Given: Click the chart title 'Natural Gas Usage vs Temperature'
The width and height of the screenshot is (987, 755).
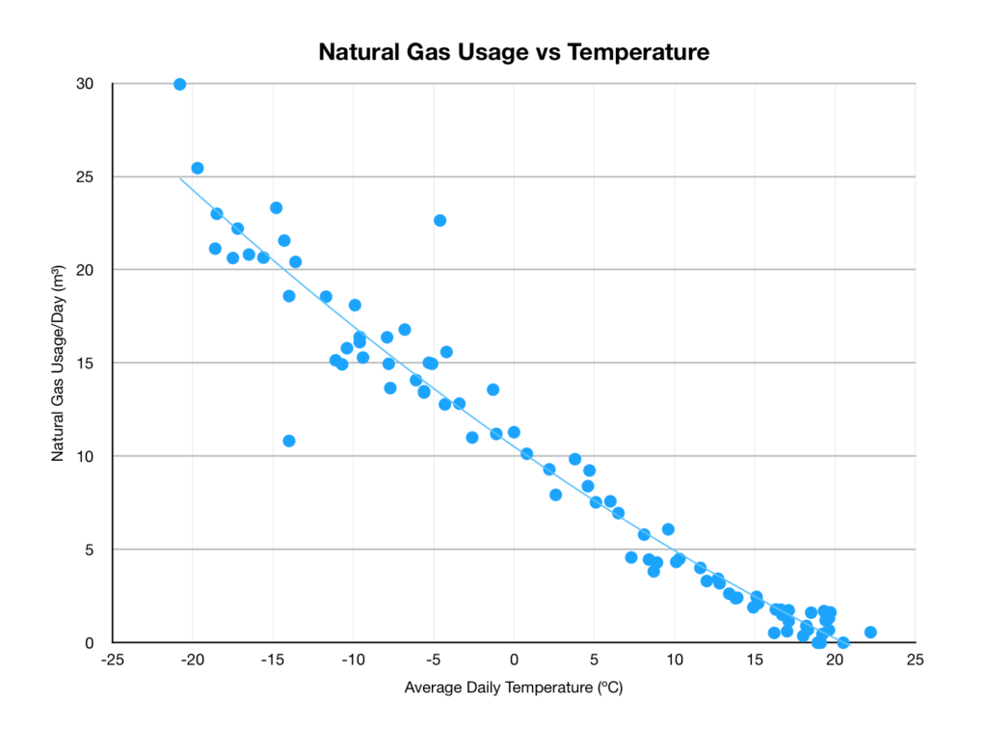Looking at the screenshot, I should click(x=514, y=52).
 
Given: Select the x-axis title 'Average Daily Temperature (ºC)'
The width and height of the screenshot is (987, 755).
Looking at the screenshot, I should click(x=514, y=688).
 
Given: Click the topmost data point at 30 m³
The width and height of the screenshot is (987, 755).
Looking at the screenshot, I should click(x=179, y=84).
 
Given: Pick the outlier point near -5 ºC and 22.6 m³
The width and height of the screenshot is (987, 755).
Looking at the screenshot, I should click(x=440, y=220).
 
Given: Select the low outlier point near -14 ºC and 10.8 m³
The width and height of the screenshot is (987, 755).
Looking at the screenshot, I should click(x=289, y=441).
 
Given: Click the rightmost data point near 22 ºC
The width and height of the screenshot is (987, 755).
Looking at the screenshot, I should click(x=870, y=632).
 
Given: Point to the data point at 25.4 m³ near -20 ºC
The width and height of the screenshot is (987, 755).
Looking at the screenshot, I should click(x=198, y=168).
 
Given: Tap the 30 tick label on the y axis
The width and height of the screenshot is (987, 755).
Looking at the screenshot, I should click(x=85, y=84).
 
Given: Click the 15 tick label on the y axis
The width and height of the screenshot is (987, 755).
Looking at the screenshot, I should click(x=85, y=363).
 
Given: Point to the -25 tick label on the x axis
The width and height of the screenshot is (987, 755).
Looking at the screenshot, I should click(x=113, y=661).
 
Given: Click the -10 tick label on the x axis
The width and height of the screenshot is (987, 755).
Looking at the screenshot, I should click(x=353, y=661).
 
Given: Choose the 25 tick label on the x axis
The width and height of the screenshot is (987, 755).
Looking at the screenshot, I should click(x=915, y=661).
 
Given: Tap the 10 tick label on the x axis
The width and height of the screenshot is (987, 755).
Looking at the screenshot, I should click(x=675, y=661).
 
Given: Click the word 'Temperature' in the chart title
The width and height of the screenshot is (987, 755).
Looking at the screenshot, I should click(x=638, y=52).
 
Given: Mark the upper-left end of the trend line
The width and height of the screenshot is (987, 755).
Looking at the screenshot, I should click(x=180, y=177).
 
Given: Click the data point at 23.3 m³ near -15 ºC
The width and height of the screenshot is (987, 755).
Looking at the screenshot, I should click(x=276, y=207).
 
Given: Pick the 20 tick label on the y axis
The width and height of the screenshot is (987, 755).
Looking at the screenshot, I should click(x=85, y=270).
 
